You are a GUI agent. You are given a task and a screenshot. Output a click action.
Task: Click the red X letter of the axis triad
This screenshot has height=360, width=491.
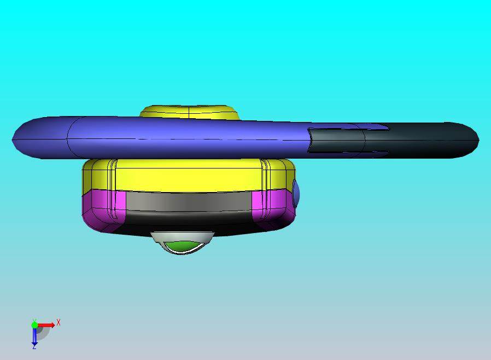click(59, 322)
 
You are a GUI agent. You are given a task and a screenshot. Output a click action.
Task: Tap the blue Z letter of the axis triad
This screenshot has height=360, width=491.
click(34, 347)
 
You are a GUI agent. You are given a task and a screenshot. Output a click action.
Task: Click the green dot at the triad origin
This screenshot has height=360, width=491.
click(34, 324)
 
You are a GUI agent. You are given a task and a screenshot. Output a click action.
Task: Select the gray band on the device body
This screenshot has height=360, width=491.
click(189, 201)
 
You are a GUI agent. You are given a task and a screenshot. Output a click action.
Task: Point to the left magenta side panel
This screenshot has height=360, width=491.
click(103, 210)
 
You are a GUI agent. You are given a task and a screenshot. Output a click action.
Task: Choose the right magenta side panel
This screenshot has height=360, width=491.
click(273, 207)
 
